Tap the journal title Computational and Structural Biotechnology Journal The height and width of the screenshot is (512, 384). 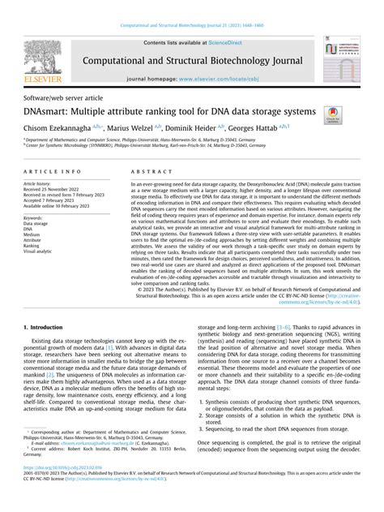pos(192,59)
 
